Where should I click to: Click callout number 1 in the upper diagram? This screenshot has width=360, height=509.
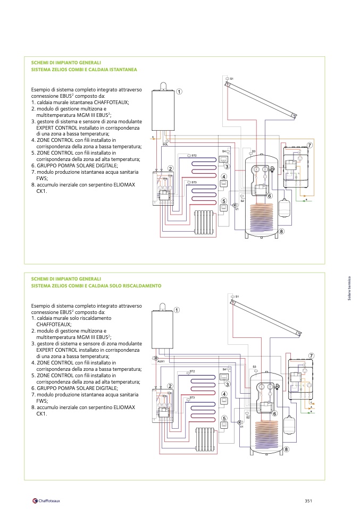(x=179, y=91)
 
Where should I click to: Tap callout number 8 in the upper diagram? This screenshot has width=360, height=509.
(x=281, y=232)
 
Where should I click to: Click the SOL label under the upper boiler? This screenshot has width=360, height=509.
(x=165, y=144)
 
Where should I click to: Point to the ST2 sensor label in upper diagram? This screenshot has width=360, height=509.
(x=194, y=156)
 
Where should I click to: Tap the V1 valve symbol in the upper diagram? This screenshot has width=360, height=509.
(x=235, y=205)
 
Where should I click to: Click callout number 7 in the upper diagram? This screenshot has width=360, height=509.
(x=309, y=146)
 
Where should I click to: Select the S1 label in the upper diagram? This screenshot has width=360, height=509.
(x=232, y=79)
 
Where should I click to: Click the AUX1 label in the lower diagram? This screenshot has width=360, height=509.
(x=161, y=361)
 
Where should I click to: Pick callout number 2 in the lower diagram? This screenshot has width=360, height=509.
(x=170, y=386)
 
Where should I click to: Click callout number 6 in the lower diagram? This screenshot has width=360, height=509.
(x=275, y=413)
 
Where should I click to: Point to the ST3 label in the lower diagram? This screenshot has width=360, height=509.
(x=192, y=397)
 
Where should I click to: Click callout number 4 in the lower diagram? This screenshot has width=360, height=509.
(x=224, y=394)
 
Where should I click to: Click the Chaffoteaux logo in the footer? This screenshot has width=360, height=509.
(x=46, y=500)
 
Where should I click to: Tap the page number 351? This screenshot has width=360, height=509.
(x=308, y=500)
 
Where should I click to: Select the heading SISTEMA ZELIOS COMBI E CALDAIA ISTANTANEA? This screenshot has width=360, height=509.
(x=84, y=70)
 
